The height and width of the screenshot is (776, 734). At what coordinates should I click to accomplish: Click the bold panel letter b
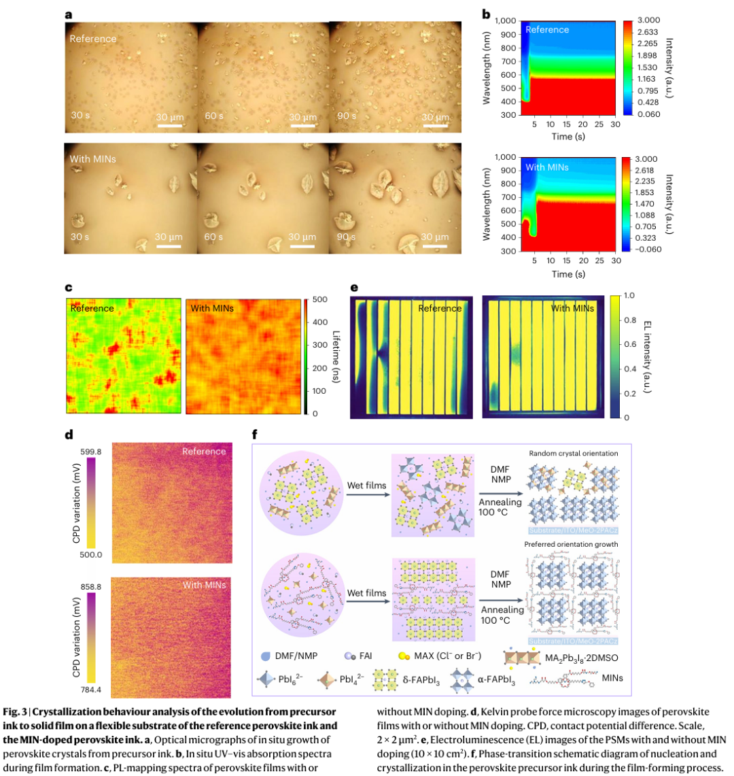coord(486,14)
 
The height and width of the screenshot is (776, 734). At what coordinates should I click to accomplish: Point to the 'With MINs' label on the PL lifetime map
coord(213,309)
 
